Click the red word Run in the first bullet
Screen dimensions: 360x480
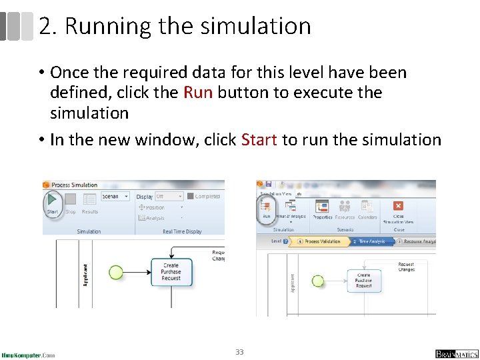pyautogui.click(x=197, y=93)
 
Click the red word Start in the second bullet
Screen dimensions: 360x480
pyautogui.click(x=259, y=140)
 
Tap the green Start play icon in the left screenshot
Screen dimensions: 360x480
pyautogui.click(x=51, y=199)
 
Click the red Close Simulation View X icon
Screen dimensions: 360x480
pyautogui.click(x=398, y=206)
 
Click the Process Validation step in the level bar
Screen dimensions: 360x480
pyautogui.click(x=322, y=241)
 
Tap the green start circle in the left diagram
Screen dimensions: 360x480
pyautogui.click(x=116, y=272)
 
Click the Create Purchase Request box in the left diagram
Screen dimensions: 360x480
pyautogui.click(x=171, y=272)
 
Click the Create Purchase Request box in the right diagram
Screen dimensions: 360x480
pyautogui.click(x=364, y=281)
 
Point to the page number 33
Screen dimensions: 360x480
pyautogui.click(x=239, y=351)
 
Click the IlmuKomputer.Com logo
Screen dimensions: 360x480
pyautogui.click(x=28, y=355)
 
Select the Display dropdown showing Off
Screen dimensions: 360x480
pyautogui.click(x=169, y=197)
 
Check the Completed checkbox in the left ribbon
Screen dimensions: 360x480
pyautogui.click(x=191, y=197)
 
